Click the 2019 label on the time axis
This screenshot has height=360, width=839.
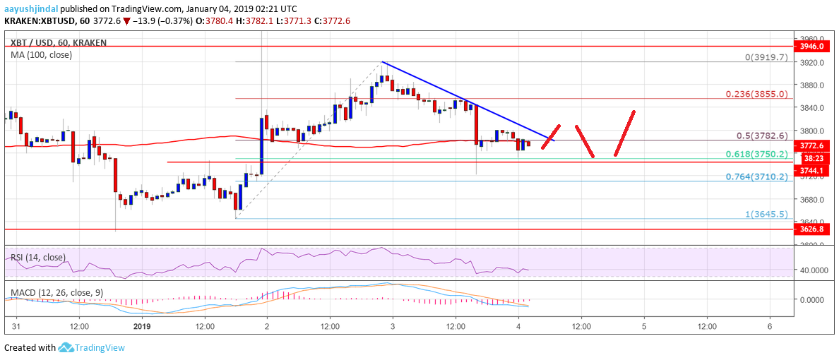[x=143, y=326]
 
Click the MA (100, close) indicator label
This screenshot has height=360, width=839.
[x=41, y=54]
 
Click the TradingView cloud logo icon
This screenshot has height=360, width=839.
[x=66, y=347]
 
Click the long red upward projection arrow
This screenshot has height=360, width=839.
[x=625, y=133]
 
